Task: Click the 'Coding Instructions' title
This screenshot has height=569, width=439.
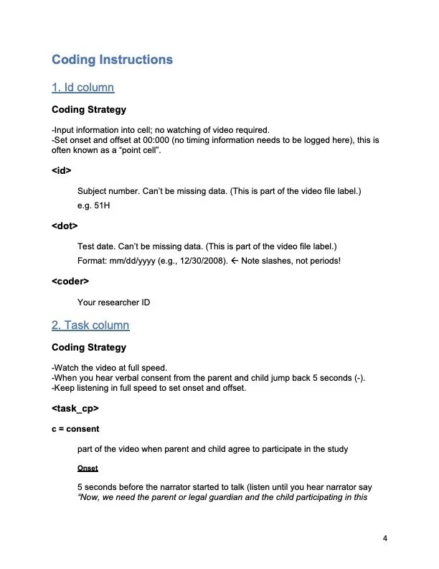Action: [x=112, y=59]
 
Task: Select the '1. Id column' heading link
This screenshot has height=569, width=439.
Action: [x=82, y=88]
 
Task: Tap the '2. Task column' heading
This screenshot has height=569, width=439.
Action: [x=90, y=325]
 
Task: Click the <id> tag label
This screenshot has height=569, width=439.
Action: [x=62, y=172]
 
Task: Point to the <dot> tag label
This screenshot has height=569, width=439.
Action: [x=65, y=226]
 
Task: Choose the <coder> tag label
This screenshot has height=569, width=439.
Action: [x=70, y=279]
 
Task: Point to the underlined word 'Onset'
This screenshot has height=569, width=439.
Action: [x=87, y=468]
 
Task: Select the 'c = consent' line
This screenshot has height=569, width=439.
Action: [x=75, y=429]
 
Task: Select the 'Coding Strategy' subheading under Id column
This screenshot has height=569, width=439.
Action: [x=89, y=110]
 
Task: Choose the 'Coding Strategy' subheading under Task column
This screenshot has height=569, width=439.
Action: [x=89, y=347]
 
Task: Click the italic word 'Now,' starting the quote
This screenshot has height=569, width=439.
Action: [x=88, y=498]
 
